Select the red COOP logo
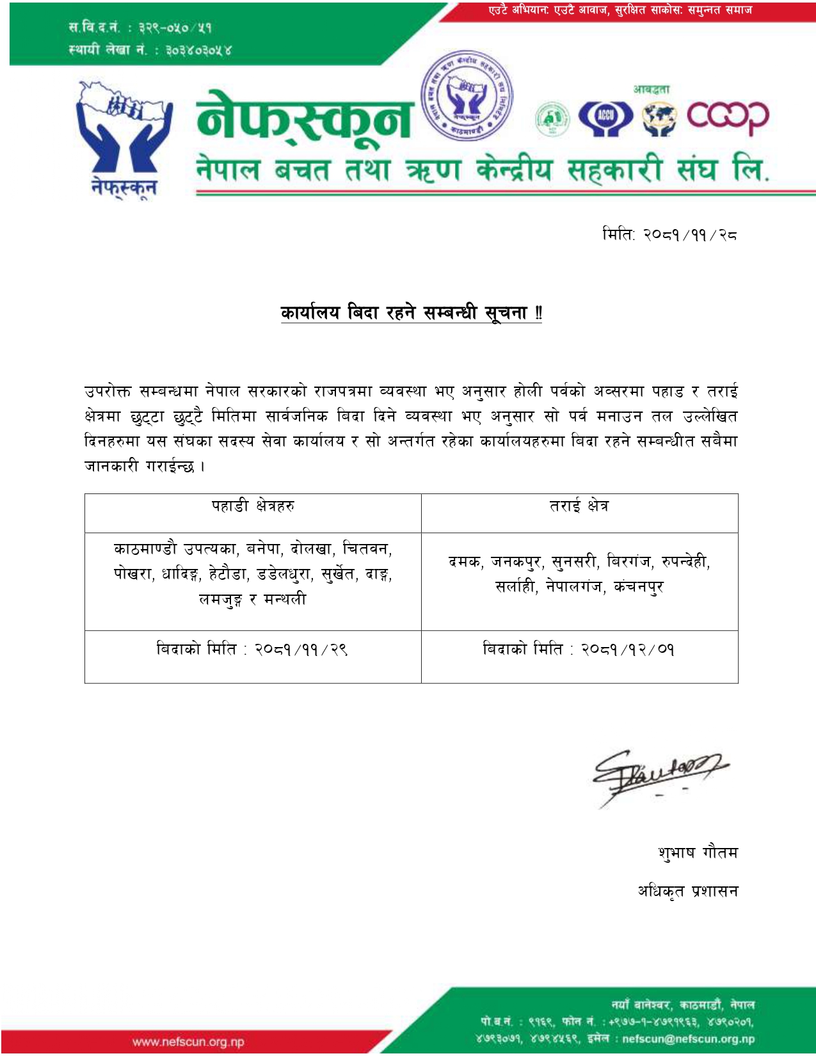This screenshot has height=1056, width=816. pos(728,118)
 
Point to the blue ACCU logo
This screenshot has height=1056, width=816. pos(605,118)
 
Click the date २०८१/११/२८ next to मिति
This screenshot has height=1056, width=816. pos(690,235)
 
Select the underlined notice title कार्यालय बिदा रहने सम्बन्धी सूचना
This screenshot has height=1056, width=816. pos(411,313)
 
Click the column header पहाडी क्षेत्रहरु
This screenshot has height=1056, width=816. pos(253,506)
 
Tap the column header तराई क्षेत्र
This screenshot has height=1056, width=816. pos(579,506)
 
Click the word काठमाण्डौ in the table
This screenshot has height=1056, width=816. pos(145,549)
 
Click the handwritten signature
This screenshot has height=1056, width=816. pos(656,775)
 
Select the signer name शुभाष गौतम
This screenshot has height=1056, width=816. pos(698,853)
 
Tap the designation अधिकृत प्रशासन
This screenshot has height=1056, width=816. pos(687,891)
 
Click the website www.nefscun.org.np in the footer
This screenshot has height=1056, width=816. pos(188,1042)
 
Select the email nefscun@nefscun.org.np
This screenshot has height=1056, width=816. pos(688,1039)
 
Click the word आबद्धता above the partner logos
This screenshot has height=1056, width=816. pos(652,90)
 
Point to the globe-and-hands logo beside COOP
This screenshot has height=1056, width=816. pos(660,119)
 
